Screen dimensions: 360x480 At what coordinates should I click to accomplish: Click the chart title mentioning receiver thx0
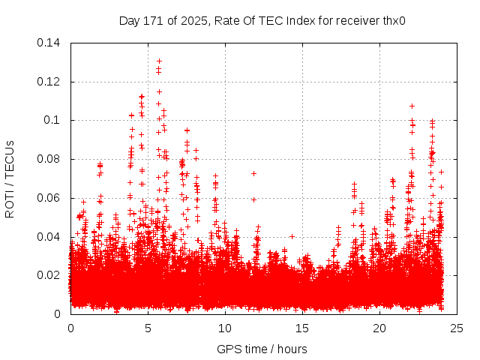[x=262, y=20]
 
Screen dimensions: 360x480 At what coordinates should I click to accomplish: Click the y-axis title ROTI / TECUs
[x=10, y=178]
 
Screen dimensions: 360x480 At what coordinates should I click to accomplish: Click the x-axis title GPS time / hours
[x=262, y=349]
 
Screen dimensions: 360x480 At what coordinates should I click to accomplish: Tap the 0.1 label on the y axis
[x=55, y=120]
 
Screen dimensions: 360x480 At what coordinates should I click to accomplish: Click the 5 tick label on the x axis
[x=148, y=328]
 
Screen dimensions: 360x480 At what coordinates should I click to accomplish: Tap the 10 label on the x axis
[x=225, y=328]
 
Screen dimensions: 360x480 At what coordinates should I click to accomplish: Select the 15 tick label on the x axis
[x=302, y=328]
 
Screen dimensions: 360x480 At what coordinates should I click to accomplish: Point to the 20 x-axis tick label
[x=379, y=328]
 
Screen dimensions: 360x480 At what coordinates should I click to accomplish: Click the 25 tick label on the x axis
[x=457, y=328]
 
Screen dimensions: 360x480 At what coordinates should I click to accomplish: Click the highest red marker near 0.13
[x=159, y=61]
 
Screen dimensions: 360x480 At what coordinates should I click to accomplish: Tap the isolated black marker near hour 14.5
[x=292, y=236]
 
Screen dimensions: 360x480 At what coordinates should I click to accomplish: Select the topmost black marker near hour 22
[x=412, y=106]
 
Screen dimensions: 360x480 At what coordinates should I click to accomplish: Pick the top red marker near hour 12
[x=253, y=173]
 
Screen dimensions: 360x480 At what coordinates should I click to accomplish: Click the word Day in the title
[x=129, y=20]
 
